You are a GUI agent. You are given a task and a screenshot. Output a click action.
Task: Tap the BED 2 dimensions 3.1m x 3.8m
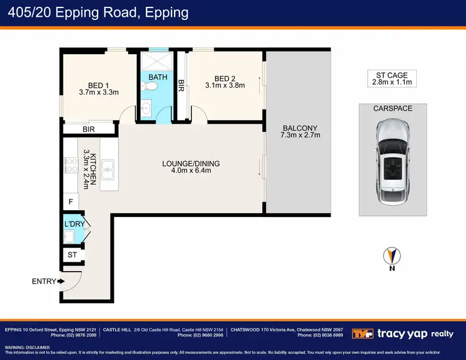(x=225, y=86)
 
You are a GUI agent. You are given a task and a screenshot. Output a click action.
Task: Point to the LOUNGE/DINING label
(x=191, y=164)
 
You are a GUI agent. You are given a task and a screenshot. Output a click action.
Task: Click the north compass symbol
(x=392, y=256)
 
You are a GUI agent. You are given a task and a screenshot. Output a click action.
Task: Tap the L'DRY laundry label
(x=71, y=223)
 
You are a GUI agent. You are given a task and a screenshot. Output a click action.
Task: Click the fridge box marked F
(x=70, y=201)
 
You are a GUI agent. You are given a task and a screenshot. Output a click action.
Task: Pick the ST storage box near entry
(x=71, y=255)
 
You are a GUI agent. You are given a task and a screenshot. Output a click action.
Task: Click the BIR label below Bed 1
(x=89, y=129)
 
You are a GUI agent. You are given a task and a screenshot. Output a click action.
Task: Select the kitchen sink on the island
(x=107, y=167)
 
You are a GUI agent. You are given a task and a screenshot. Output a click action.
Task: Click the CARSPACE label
(x=393, y=108)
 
